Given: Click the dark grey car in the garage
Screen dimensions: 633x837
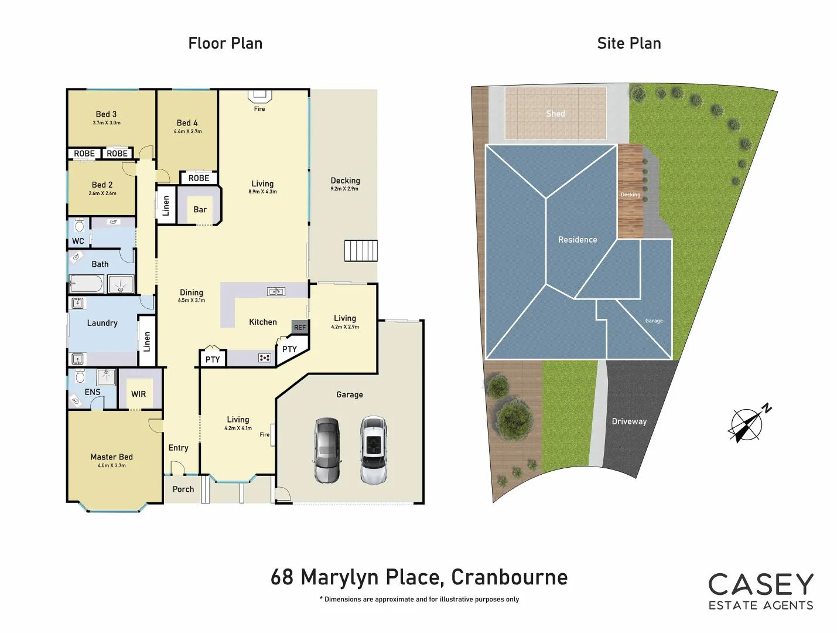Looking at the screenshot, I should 327,450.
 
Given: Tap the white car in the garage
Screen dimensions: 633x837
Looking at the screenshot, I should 373,450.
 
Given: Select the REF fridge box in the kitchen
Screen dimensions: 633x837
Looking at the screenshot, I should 300,327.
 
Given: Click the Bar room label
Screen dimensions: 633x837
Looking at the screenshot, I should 200,209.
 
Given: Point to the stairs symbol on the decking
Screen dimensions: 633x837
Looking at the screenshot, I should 361,250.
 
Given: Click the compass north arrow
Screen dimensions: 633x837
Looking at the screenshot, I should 749,423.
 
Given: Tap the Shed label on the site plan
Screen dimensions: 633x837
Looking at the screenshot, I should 555,114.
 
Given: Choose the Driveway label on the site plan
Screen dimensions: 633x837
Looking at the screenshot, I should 629,421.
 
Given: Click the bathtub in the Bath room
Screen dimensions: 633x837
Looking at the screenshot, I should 87,284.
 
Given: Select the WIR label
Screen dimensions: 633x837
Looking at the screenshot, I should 139,394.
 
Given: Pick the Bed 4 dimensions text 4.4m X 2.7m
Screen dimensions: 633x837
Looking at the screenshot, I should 187,131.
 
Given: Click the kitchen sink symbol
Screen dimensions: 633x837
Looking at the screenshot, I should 276,291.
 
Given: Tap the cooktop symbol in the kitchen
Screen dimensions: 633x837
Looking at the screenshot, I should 265,358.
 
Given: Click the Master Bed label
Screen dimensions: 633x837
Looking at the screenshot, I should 111,457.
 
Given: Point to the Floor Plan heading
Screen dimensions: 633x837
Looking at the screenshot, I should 226,43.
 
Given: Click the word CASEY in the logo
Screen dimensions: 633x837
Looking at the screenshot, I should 761,585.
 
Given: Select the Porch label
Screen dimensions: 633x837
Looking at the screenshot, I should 183,489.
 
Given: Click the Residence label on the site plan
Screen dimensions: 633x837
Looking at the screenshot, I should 578,240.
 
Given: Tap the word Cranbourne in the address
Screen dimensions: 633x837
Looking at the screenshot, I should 509,577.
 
